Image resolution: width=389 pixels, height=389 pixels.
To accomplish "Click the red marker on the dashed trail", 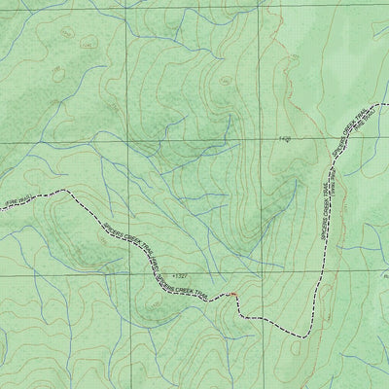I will (x=233, y=293).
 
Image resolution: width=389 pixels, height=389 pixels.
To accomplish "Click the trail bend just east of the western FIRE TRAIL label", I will (x=70, y=192).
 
